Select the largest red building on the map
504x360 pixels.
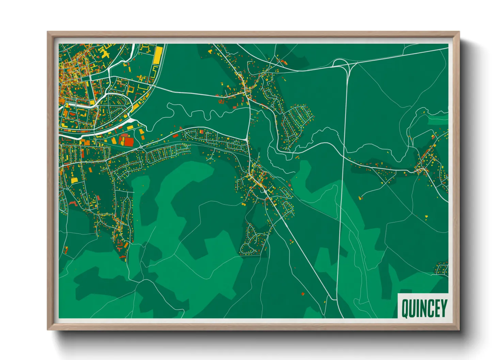[x=128, y=142]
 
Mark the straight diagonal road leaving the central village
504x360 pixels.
[x=300, y=248]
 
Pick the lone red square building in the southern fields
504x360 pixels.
[x=303, y=294]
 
